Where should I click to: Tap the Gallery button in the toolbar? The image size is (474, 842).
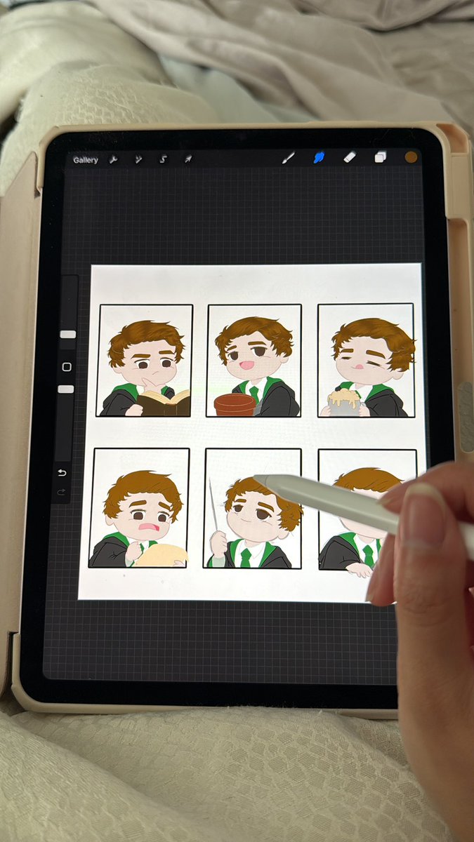coord(86,160)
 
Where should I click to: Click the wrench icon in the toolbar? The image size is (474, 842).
coord(113,160)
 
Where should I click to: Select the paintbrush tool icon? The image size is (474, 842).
coord(289,158)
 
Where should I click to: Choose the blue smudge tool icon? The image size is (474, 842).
coord(320,157)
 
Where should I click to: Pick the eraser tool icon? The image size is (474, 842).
coord(350,156)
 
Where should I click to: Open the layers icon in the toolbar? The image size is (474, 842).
coord(381,156)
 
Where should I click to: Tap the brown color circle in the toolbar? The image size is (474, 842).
coord(412,157)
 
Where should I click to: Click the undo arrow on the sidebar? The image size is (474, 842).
coord(62,473)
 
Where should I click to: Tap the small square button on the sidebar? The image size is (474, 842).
coord(67,367)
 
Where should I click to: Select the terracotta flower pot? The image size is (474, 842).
coord(235,404)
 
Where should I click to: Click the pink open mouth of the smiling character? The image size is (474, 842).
coord(246,365)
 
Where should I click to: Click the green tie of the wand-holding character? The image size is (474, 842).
coord(246,557)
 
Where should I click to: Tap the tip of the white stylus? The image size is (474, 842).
coord(255,477)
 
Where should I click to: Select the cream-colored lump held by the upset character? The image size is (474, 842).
coord(161,555)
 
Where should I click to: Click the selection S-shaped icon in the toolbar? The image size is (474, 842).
coord(162,159)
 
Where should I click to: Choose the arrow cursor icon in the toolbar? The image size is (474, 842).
coord(188,159)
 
